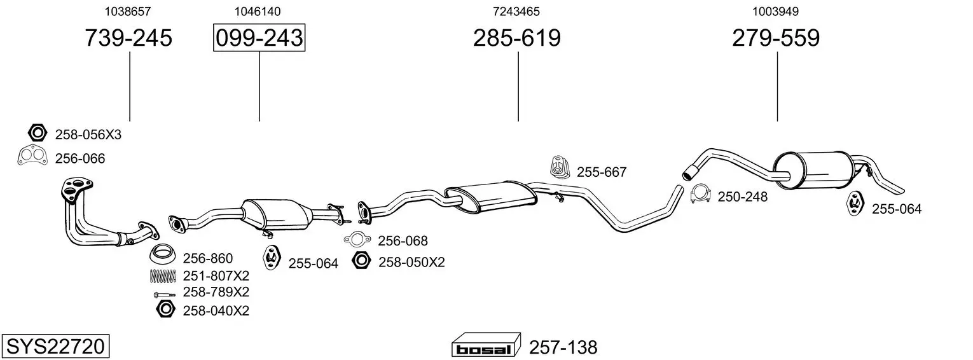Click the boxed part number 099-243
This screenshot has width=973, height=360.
pyautogui.click(x=259, y=38)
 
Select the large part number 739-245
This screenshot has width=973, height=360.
pyautogui.click(x=128, y=38)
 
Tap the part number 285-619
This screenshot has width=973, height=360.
pyautogui.click(x=517, y=38)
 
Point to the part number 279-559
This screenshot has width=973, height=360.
pyautogui.click(x=776, y=38)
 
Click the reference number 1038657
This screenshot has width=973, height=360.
pyautogui.click(x=127, y=11)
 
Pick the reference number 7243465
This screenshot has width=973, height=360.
pyautogui.click(x=516, y=11)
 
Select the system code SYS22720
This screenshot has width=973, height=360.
pyautogui.click(x=55, y=347)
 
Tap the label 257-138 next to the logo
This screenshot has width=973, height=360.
pyautogui.click(x=563, y=347)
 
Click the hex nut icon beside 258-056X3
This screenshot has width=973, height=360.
pyautogui.click(x=37, y=133)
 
